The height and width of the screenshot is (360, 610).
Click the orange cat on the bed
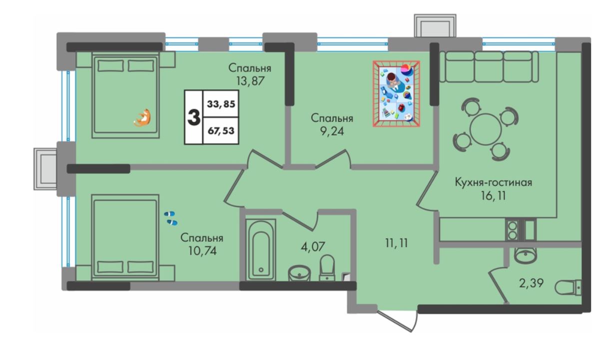(142, 118)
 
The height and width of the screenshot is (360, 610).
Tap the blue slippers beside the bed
(170, 218)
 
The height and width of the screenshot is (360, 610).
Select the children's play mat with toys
(396, 94)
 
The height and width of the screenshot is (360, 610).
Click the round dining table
(486, 129)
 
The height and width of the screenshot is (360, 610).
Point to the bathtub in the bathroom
(261, 250)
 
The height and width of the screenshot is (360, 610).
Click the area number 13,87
(250, 81)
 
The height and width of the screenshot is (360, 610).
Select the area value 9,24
(332, 131)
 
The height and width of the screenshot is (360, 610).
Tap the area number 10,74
(202, 251)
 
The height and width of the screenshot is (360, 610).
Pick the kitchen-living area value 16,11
(493, 195)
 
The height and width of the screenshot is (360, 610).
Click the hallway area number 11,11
(397, 243)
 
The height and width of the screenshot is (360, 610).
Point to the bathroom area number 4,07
(313, 247)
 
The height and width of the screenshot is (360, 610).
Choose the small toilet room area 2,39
(531, 283)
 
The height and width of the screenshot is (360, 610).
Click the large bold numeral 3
(194, 117)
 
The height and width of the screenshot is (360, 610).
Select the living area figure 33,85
(221, 104)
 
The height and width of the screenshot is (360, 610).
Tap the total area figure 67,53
(221, 131)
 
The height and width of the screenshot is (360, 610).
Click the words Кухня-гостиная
(494, 182)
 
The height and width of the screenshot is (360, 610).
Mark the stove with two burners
(513, 230)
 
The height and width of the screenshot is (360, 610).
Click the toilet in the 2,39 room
(568, 288)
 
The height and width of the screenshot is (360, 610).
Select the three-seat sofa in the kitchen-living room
(489, 67)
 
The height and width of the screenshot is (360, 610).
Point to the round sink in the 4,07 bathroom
(299, 273)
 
